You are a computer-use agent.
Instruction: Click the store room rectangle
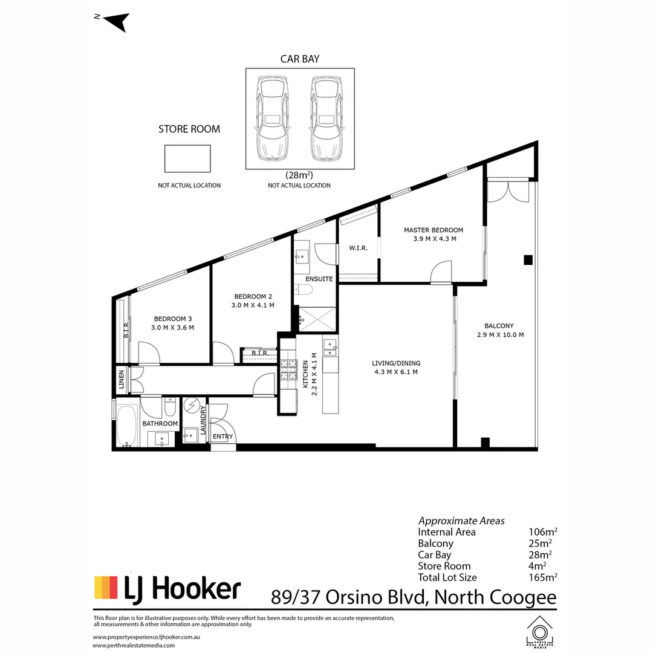tap(187, 158)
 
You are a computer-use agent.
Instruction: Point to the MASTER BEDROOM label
tap(433, 230)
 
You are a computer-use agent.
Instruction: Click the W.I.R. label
tap(358, 248)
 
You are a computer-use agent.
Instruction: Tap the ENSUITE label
tap(319, 279)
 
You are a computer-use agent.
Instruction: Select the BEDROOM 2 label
tap(253, 296)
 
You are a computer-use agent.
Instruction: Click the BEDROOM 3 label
tap(172, 319)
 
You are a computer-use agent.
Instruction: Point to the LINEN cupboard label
tap(121, 381)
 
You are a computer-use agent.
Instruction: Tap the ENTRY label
tap(223, 437)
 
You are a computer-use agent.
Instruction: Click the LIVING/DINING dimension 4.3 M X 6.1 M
tap(396, 372)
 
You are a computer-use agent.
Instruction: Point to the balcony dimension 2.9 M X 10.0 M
tap(499, 334)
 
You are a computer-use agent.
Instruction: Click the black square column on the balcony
tap(528, 260)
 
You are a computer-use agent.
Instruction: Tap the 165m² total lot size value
tap(542, 577)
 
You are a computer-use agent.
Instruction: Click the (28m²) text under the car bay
tap(299, 175)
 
